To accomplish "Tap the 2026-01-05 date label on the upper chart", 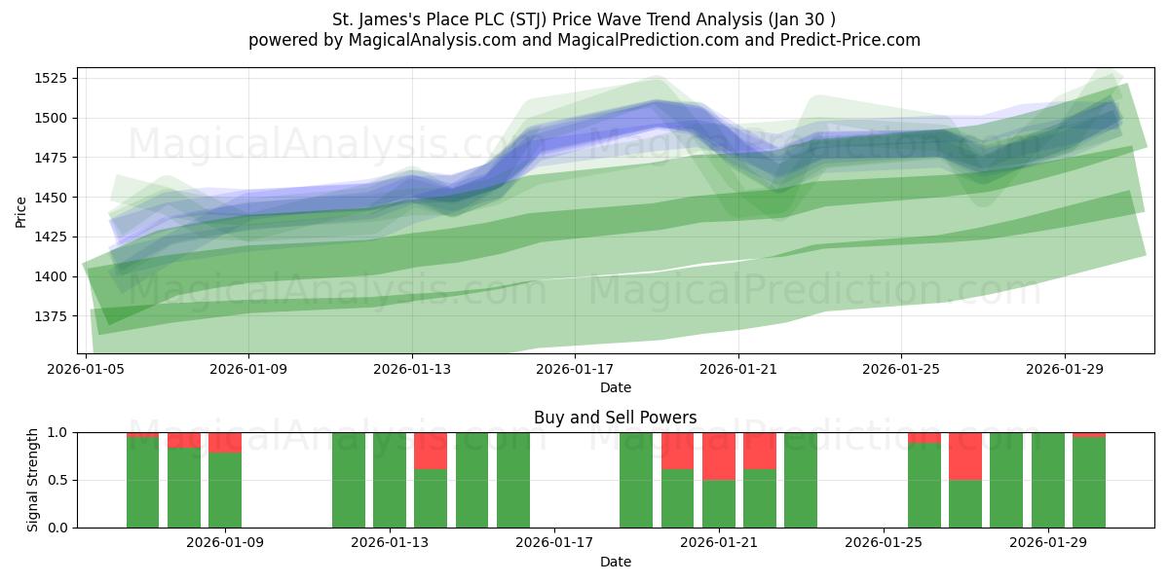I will (87, 369).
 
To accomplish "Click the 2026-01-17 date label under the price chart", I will (575, 369).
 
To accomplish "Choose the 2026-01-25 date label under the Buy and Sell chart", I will (884, 542).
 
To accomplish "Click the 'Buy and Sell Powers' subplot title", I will (615, 418).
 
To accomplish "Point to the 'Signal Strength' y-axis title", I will (32, 480).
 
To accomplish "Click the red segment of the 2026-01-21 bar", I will (719, 456).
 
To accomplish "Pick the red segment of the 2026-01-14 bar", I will (431, 451).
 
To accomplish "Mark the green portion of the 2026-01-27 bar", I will (965, 503).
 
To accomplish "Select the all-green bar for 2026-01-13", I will (390, 480).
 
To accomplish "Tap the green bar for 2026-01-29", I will (1048, 480).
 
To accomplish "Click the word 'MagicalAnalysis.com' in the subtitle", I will (424, 40).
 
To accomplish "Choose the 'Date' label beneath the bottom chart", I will (615, 562).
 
